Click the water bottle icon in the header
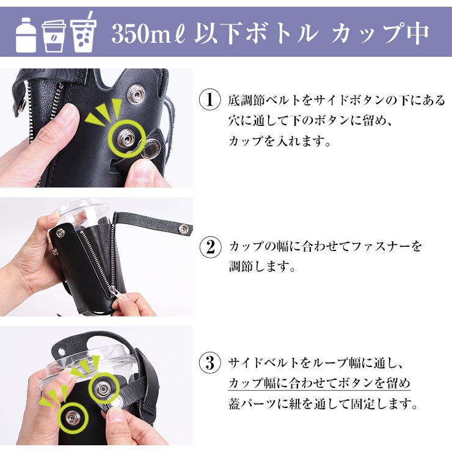pos(26,35)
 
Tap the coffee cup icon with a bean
pos(54,36)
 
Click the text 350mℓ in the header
pos(150,34)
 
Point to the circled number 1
pos(210,100)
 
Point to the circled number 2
pos(211,247)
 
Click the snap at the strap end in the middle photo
pos(182,229)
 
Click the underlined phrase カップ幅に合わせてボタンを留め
pos(319,383)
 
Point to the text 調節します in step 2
pos(262,267)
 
